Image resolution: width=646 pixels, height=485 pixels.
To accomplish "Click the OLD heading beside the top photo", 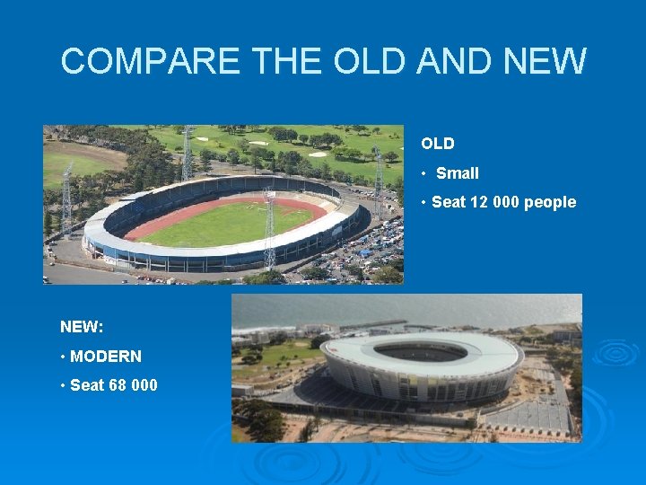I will point(438,144).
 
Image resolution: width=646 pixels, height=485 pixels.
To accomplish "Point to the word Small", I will point(458,173).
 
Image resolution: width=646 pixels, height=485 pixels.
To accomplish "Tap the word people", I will point(550,202).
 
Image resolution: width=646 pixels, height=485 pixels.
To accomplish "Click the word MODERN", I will point(106,357).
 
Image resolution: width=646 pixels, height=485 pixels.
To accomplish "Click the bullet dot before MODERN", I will point(63,357).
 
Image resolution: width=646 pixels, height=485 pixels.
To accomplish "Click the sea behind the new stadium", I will point(404,310).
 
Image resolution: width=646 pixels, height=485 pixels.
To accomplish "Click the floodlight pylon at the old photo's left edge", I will point(66,202).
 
